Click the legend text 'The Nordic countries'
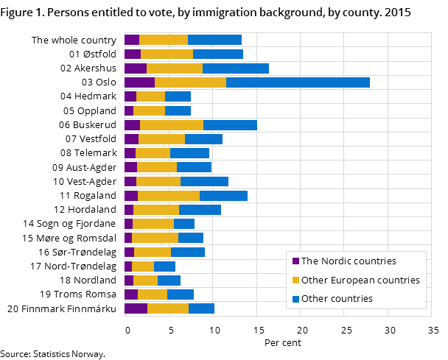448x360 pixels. (x=349, y=261)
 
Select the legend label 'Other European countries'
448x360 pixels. (x=360, y=280)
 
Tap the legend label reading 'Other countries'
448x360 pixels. (x=337, y=299)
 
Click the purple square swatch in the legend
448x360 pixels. (x=296, y=261)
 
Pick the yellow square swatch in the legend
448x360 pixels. (x=296, y=280)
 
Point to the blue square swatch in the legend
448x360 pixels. (x=296, y=300)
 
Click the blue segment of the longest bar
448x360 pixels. (x=298, y=82)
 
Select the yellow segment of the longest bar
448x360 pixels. (x=190, y=82)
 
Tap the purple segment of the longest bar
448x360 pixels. (x=139, y=82)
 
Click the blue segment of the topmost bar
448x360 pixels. (x=214, y=40)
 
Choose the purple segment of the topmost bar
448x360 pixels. (x=132, y=40)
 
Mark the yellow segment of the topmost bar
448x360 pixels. (x=164, y=40)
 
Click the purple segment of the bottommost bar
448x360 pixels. (x=136, y=308)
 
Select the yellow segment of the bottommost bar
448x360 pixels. (x=168, y=308)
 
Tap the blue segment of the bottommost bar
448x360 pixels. (x=201, y=308)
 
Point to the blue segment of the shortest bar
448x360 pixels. (x=164, y=267)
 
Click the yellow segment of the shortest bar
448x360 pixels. (x=143, y=267)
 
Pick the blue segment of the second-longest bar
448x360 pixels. (x=236, y=68)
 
